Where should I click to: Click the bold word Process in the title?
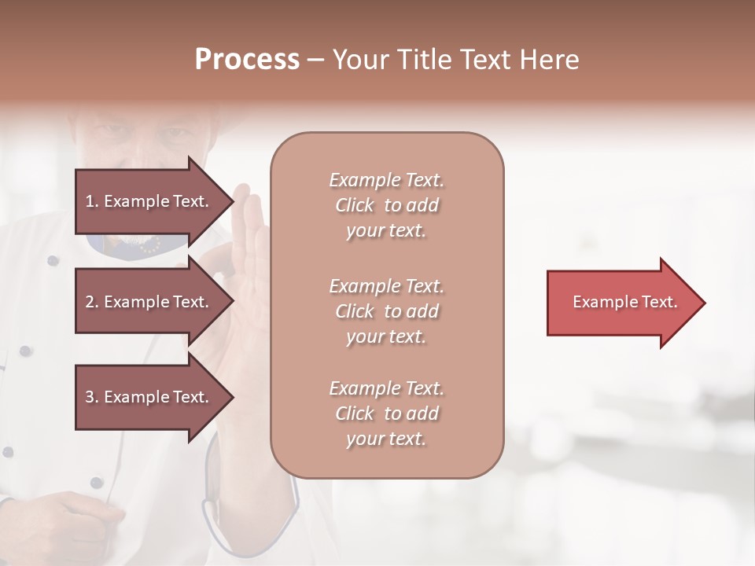tap(247, 60)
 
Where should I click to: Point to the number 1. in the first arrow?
tap(92, 201)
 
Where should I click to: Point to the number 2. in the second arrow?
tap(92, 302)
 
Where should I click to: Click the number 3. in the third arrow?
tap(92, 397)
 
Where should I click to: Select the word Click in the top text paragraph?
tap(355, 206)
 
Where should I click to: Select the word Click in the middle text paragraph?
tap(355, 312)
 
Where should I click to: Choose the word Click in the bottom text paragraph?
tap(355, 414)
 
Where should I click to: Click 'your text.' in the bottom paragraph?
tap(386, 439)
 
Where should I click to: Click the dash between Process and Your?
tap(315, 61)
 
